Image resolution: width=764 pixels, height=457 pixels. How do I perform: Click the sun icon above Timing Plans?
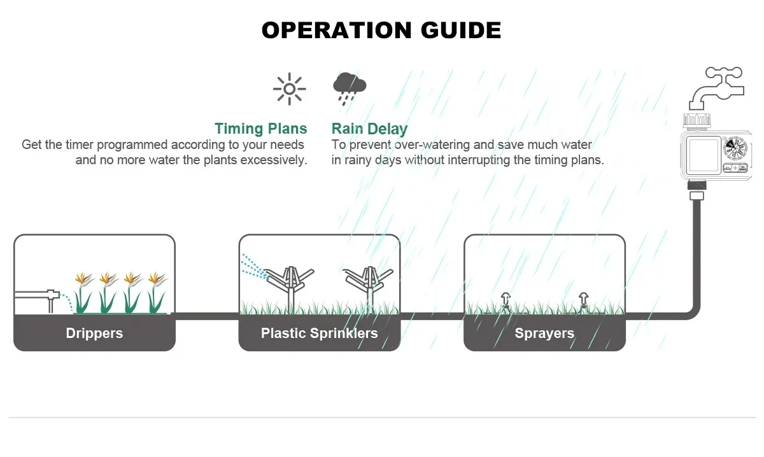coord(289,88)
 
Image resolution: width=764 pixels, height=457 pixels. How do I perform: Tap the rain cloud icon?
coord(350,87)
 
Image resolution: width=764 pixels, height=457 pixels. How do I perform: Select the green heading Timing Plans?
coord(261,129)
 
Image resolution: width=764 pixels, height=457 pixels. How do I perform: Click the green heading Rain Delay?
coord(369,129)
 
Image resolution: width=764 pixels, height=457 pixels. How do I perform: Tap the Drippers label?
coord(94,333)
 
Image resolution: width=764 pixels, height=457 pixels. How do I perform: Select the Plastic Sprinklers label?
coord(319,333)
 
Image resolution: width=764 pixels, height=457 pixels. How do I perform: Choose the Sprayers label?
coord(544,333)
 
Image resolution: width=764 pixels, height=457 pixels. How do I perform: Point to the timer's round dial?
coord(737,153)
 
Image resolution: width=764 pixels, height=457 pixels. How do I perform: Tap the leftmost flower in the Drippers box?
coord(83,280)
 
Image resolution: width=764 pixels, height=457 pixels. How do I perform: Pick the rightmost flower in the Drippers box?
coord(155,280)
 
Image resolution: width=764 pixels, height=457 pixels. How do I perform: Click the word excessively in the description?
coord(273,160)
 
